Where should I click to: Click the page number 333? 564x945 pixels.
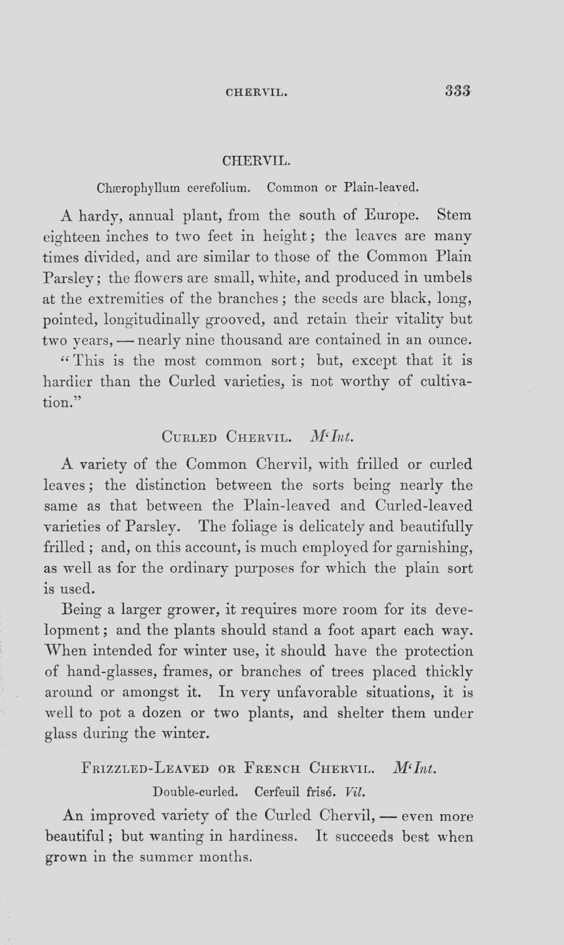[x=457, y=90]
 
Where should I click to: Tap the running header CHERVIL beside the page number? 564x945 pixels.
[x=257, y=91]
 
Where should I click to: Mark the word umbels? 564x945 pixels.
[x=448, y=278]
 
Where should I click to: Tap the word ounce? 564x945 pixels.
[x=448, y=341]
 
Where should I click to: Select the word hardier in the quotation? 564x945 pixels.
[x=68, y=381]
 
